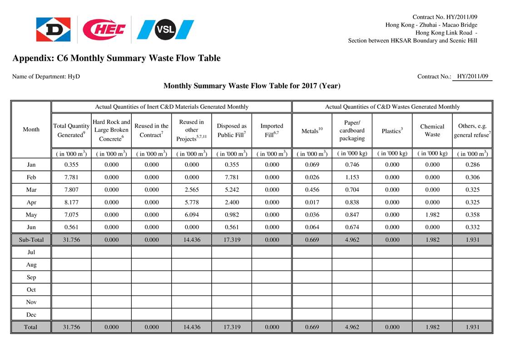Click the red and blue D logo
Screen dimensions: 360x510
point(54,30)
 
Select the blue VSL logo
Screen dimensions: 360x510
point(165,30)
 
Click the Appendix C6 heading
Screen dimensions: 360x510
point(116,58)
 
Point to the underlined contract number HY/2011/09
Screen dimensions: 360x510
point(472,76)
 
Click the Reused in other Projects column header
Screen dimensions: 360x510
point(191,130)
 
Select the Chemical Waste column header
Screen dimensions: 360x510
point(432,130)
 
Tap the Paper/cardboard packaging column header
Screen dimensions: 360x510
point(352,130)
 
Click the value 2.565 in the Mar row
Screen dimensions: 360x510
point(191,190)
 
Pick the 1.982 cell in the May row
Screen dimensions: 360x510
point(432,215)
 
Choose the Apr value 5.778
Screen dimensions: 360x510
point(191,202)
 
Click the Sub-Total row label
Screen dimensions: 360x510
point(31,240)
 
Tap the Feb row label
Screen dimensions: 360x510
point(31,178)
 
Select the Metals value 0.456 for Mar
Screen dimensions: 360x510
point(312,190)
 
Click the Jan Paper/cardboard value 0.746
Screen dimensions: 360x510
point(352,165)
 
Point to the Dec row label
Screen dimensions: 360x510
point(31,315)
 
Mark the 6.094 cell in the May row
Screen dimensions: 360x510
point(191,215)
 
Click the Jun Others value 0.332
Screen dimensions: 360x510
point(472,227)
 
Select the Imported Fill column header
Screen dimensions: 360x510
point(272,130)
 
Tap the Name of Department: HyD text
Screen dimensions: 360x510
point(46,76)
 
